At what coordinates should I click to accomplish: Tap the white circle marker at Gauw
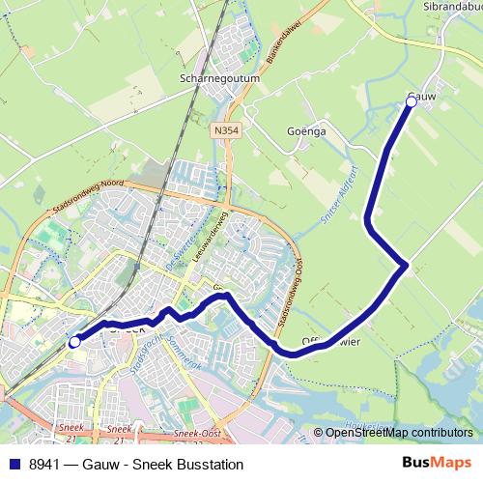(412, 101)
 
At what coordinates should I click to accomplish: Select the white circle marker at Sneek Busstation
(74, 341)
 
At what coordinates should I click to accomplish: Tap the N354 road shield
(225, 128)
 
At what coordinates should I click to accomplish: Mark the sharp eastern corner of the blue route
(407, 264)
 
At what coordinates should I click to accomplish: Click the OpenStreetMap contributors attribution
(398, 432)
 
